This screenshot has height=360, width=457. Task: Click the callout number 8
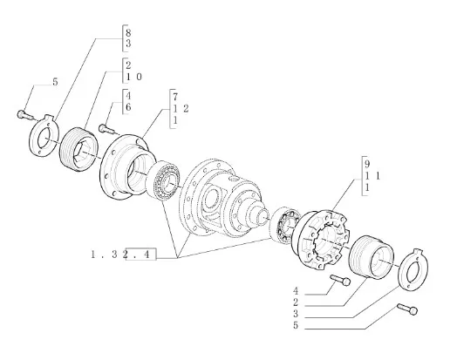pyautogui.click(x=128, y=32)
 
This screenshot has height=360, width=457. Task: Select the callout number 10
pyautogui.click(x=133, y=77)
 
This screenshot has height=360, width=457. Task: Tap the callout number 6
pyautogui.click(x=128, y=107)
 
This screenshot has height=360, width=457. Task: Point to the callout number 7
pyautogui.click(x=175, y=97)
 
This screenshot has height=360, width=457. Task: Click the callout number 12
pyautogui.click(x=181, y=109)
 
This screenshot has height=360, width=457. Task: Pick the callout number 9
pyautogui.click(x=367, y=164)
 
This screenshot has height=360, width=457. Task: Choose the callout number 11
pyautogui.click(x=372, y=176)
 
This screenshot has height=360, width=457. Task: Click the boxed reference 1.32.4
pyautogui.click(x=123, y=255)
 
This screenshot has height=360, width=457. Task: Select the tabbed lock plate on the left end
pyautogui.click(x=43, y=136)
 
